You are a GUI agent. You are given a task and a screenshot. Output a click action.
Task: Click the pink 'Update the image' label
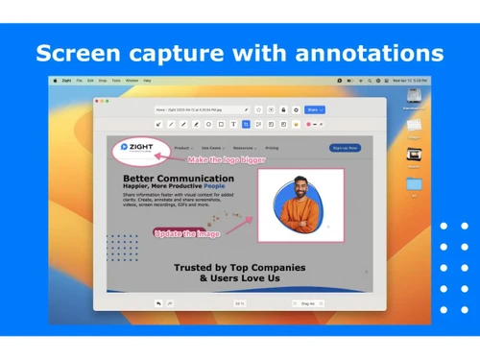tap(187, 233)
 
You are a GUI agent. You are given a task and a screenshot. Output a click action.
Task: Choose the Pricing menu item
tap(272, 148)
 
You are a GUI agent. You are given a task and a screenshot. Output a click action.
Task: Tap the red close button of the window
tap(98, 99)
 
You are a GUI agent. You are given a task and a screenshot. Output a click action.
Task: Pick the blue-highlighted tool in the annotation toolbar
tap(247, 124)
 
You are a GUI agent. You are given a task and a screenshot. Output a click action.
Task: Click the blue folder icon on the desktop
tap(414, 181)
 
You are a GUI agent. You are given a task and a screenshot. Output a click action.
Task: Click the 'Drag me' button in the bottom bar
tap(308, 303)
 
